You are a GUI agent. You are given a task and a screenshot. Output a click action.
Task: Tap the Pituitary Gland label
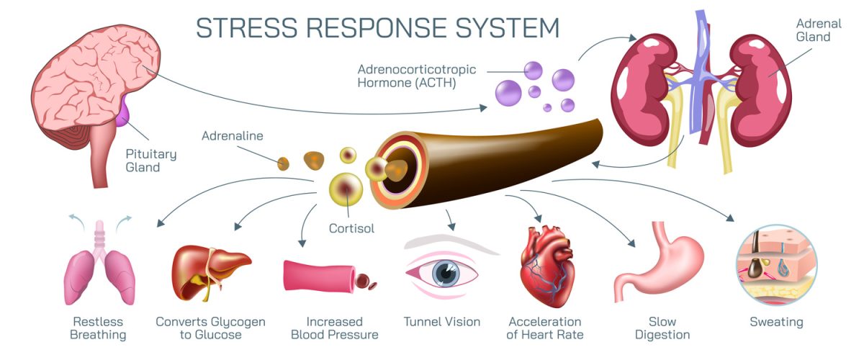tap(150, 160)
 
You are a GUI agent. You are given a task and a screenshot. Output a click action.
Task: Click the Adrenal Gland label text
tap(813, 30)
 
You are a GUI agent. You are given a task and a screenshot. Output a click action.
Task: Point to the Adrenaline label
tap(233, 135)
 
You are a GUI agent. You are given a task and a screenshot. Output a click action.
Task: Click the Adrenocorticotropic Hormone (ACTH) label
tap(408, 76)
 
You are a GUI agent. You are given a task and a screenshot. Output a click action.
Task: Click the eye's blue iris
tap(449, 274)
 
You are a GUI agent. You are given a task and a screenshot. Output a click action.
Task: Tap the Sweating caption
tap(775, 322)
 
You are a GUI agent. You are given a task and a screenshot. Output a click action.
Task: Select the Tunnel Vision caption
tap(441, 322)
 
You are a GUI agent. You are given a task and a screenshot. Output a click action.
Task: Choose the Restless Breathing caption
tap(99, 328)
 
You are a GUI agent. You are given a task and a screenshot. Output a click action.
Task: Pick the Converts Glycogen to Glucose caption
tap(211, 328)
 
